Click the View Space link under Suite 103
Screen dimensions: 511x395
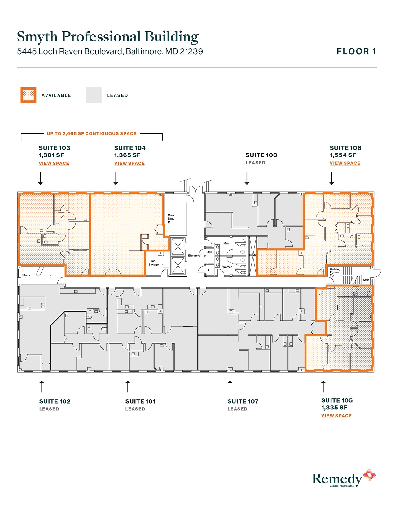[x=54, y=163]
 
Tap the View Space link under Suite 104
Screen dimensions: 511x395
[x=129, y=163]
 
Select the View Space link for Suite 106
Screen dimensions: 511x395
[x=345, y=163]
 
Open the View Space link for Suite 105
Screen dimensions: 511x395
[x=336, y=416]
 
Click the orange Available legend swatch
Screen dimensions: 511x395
[x=29, y=95]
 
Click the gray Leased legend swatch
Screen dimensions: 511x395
[x=94, y=95]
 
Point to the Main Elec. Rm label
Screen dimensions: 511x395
[x=171, y=219]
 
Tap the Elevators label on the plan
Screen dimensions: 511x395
[x=194, y=255]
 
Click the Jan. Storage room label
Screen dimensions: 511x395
[x=153, y=263]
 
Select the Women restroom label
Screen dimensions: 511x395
[x=227, y=267]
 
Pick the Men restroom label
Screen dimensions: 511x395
[x=226, y=243]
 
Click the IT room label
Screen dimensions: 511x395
[x=209, y=270]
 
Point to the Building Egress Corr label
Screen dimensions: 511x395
[x=335, y=272]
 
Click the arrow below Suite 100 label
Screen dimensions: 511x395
[x=247, y=179]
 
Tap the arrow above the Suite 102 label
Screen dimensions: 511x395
[x=42, y=387]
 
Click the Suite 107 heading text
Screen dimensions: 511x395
[x=243, y=401]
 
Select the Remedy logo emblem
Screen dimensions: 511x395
[x=369, y=475]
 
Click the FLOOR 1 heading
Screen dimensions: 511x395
[x=356, y=51]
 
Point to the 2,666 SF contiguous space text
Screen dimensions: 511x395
[x=91, y=133]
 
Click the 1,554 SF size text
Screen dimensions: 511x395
[x=343, y=155]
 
